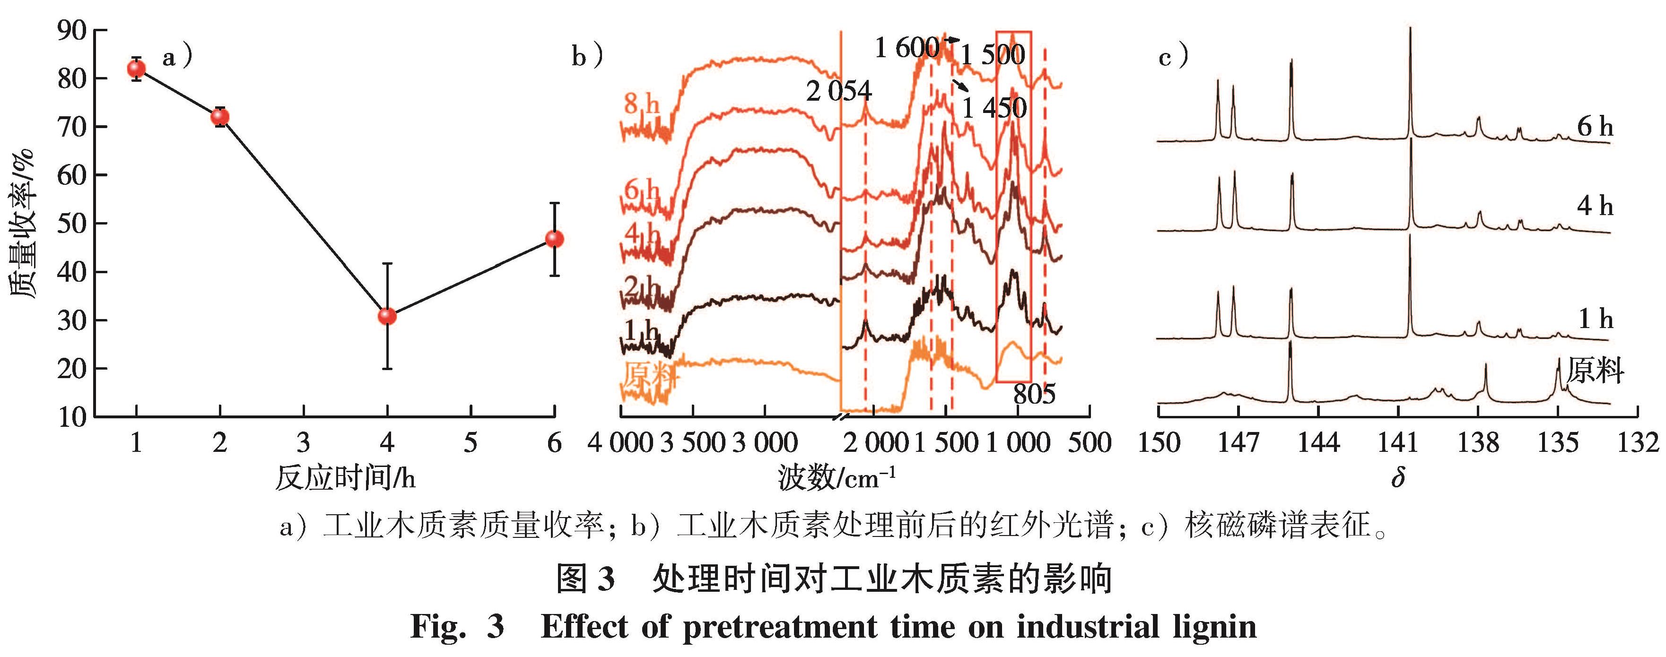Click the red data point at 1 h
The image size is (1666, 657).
tap(137, 69)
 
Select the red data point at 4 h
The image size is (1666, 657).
tap(387, 316)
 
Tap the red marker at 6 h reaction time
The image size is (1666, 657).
tap(554, 239)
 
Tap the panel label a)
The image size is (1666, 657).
tap(177, 58)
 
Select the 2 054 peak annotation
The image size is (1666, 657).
tap(839, 91)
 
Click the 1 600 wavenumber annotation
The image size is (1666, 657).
tap(907, 47)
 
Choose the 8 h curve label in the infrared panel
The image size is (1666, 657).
tap(642, 104)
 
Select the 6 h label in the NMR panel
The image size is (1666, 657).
tap(1595, 126)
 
